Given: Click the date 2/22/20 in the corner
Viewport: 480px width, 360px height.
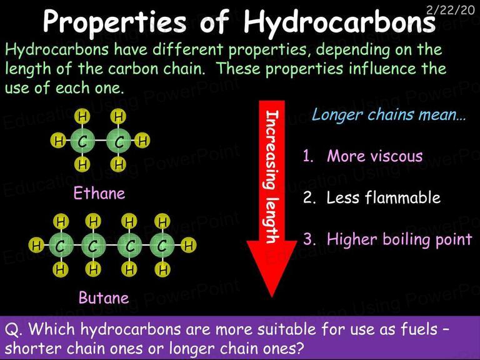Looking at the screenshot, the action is click(x=451, y=9).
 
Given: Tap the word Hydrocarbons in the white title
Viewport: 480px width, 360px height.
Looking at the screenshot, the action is click(x=339, y=22).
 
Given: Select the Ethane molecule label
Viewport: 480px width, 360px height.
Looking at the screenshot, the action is click(x=99, y=194).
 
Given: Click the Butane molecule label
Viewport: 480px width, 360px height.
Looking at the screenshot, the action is click(x=104, y=297).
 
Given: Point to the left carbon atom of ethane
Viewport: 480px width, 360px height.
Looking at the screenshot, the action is click(x=82, y=141).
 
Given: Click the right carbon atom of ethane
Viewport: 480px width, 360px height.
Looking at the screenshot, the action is click(x=119, y=141).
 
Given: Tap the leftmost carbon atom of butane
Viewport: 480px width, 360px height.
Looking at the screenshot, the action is click(x=61, y=245).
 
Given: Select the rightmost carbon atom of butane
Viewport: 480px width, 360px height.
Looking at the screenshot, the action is click(x=162, y=245).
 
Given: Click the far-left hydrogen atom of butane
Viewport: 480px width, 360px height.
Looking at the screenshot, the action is click(x=36, y=245).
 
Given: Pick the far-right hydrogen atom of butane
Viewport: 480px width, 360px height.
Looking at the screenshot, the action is click(x=189, y=245).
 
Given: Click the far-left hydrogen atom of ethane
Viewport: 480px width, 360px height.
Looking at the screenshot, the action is click(x=58, y=141).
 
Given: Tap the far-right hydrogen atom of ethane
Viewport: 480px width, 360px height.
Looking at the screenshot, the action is click(x=142, y=141).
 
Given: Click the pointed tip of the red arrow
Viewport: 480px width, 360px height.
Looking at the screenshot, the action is click(x=272, y=297).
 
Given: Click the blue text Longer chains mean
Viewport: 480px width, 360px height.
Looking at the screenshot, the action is click(x=389, y=115).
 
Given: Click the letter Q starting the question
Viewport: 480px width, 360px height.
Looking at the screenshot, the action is click(x=11, y=330).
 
